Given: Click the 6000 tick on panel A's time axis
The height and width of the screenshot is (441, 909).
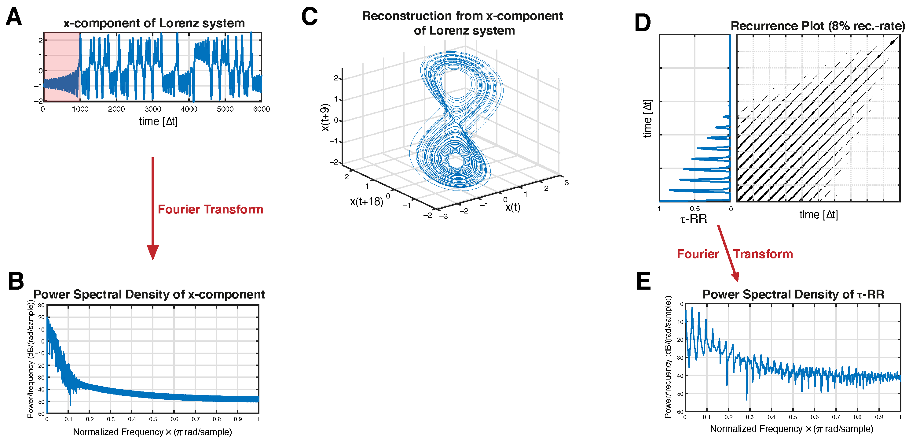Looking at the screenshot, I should tap(261, 109).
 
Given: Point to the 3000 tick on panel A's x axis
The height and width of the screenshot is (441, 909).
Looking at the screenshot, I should tap(152, 109).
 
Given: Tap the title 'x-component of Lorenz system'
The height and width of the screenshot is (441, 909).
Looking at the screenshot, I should tap(154, 23).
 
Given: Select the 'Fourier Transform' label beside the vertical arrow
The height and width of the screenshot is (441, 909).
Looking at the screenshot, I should tap(210, 209).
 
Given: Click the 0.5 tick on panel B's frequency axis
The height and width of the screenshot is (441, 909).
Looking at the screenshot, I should tap(153, 419).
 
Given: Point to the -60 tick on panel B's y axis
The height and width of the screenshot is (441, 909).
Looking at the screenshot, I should tap(41, 413).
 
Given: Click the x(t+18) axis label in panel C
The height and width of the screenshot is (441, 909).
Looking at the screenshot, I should tap(366, 202).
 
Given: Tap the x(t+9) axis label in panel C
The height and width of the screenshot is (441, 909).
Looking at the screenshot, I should tap(325, 117).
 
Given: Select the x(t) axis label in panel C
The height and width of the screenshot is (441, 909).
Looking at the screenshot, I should tap(513, 207).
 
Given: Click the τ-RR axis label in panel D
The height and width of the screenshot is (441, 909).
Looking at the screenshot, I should tap(693, 219).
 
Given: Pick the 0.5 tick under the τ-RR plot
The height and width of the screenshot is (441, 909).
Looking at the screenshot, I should tap(695, 209).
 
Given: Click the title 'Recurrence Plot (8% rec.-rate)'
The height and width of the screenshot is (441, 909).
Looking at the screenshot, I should tap(817, 26).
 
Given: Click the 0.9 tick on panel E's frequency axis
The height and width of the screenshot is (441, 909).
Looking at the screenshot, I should tap(879, 417).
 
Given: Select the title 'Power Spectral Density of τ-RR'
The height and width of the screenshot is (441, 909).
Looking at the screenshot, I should tap(793, 294).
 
